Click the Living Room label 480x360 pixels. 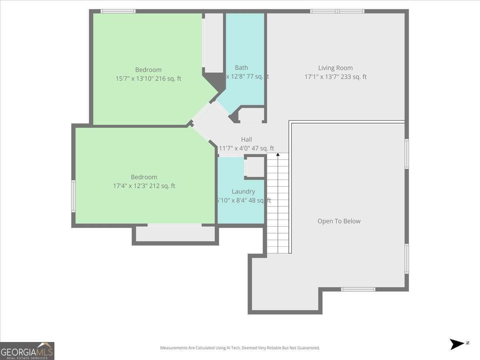[335, 68]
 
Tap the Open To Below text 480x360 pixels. [339, 221]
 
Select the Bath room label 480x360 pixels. [241, 68]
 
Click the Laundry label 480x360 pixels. [243, 192]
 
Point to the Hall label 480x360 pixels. [246, 140]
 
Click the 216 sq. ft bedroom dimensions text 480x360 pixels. [148, 79]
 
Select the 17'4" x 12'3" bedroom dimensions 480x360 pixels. [144, 186]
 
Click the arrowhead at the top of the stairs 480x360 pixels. [278, 154]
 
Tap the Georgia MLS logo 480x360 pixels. [27, 351]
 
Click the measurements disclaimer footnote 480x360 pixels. [240, 348]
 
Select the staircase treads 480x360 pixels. [278, 204]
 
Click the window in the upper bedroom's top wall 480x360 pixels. [118, 11]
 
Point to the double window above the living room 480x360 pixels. [337, 11]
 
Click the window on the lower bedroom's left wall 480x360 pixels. [73, 196]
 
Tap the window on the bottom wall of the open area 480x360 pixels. [358, 289]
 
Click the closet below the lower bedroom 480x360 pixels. [175, 234]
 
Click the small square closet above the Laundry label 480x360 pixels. [254, 167]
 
